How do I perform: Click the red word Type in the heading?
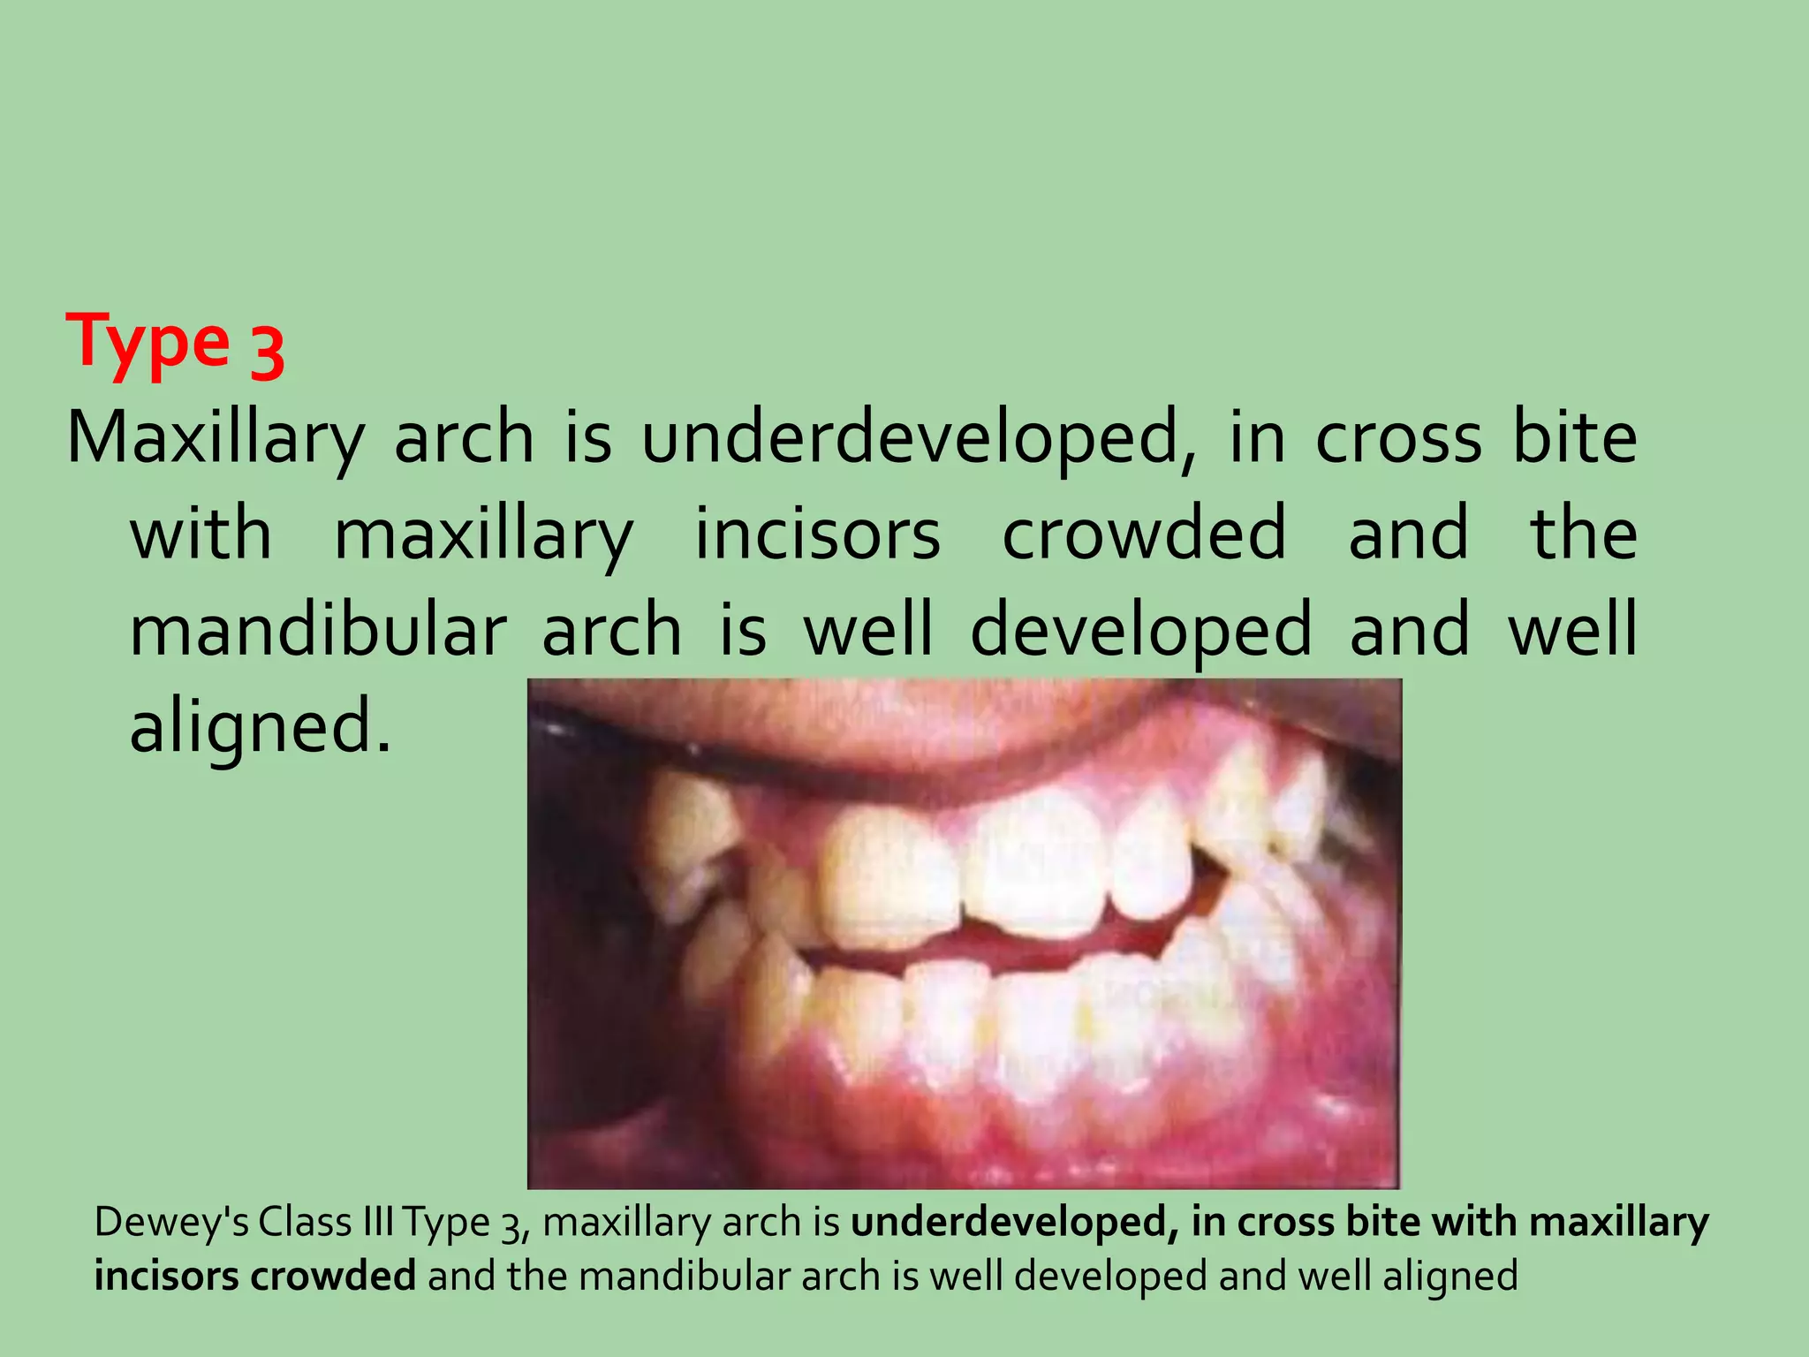(148, 342)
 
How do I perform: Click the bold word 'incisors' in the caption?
(165, 1277)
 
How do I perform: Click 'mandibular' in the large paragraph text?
(318, 630)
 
